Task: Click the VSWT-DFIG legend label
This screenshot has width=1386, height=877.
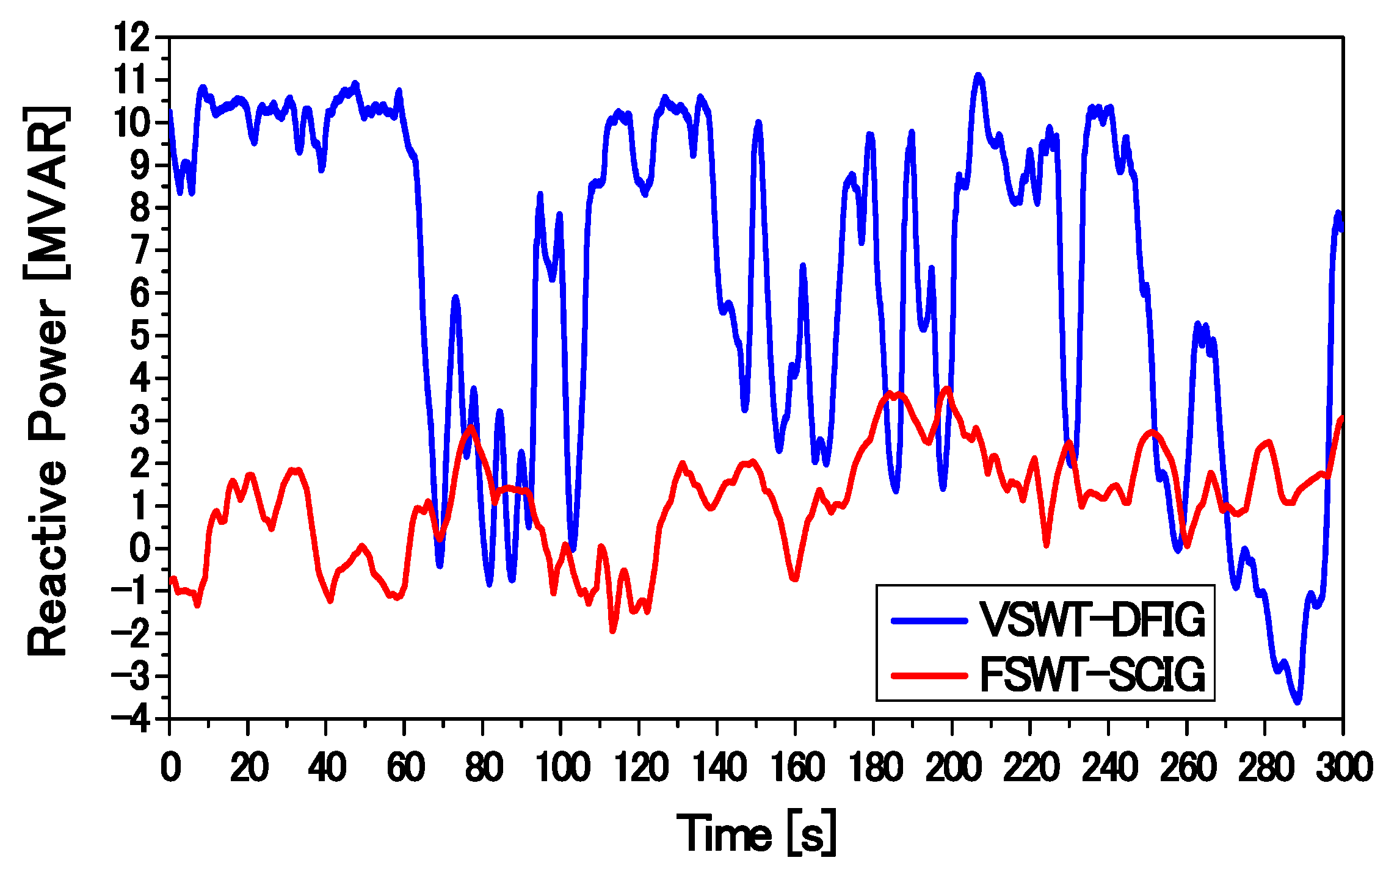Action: click(1092, 619)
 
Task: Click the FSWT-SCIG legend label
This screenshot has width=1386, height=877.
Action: click(1092, 674)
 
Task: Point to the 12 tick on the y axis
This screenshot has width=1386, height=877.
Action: click(132, 38)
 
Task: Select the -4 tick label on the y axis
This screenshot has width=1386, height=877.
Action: click(131, 719)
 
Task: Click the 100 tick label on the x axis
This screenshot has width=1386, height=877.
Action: click(562, 767)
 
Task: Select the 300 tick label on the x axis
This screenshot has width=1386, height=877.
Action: click(1343, 767)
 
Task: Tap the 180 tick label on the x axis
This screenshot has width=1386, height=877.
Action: click(874, 767)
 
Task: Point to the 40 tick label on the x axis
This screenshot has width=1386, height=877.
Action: click(327, 767)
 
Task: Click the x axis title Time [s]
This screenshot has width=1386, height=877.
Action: click(756, 833)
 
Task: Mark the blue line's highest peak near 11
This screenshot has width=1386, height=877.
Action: click(978, 76)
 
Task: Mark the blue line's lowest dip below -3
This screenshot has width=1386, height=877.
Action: click(1297, 701)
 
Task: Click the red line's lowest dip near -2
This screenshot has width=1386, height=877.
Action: click(612, 630)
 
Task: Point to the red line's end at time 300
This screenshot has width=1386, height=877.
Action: click(1342, 418)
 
